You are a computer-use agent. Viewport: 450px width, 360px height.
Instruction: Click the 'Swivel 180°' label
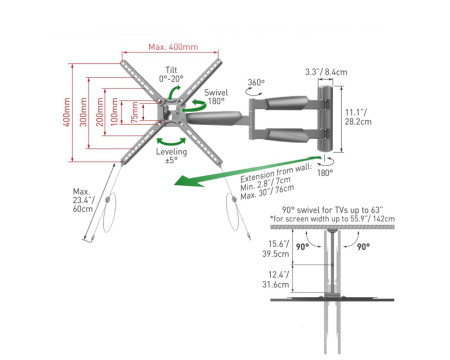point(215,95)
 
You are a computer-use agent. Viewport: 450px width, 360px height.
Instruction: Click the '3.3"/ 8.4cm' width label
point(326,71)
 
